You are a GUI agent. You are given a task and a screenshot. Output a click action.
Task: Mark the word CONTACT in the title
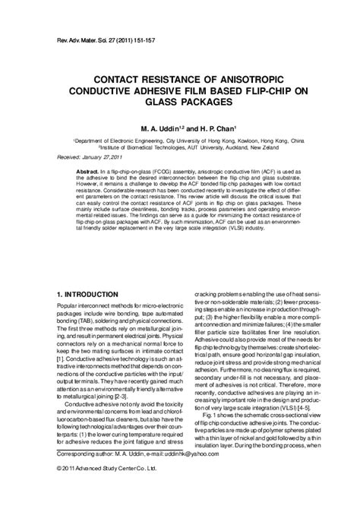pos(122,77)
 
